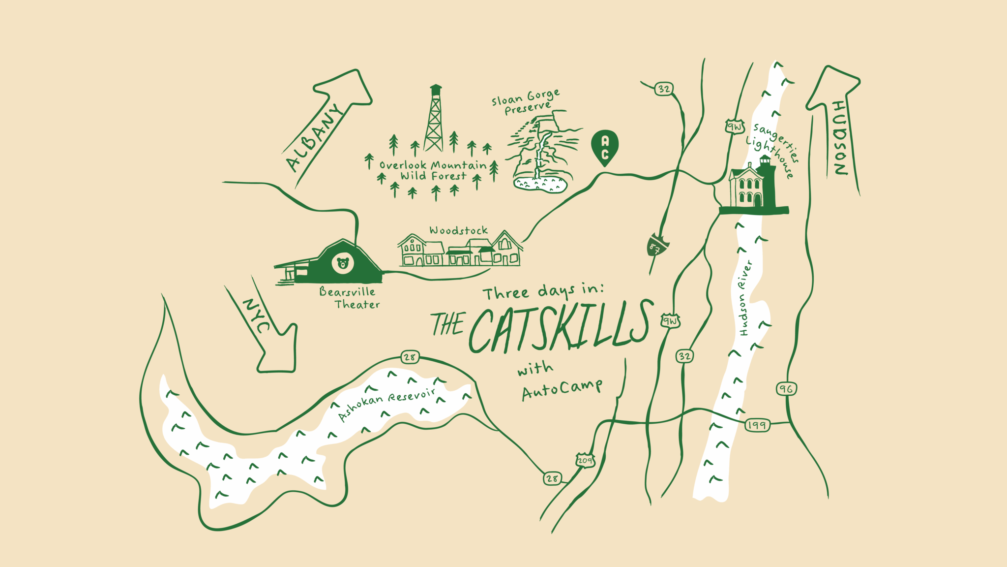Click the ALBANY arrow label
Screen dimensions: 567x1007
point(314,138)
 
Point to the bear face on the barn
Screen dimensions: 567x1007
point(343,263)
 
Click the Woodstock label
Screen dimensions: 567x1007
point(458,230)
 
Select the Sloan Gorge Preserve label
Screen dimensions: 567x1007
point(526,101)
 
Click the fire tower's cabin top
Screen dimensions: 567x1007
point(436,90)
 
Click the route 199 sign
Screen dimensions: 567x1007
point(757,425)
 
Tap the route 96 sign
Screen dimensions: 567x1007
point(786,389)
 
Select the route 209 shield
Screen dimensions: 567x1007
point(585,460)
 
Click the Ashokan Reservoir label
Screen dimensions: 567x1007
point(387,405)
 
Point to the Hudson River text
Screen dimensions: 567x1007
point(745,299)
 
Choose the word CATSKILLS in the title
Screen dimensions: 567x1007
point(561,327)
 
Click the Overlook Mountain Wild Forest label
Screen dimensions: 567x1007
point(433,170)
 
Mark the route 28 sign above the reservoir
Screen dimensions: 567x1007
point(410,357)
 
